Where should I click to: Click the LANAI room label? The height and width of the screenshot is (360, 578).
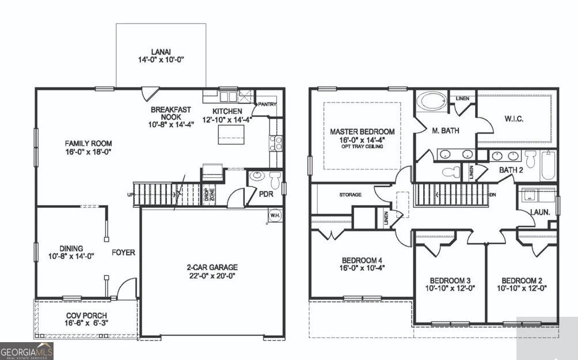click(161, 51)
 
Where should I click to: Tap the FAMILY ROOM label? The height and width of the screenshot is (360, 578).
click(88, 143)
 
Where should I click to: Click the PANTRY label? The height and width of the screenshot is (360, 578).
click(267, 104)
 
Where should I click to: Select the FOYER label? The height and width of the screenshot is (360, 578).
click(123, 252)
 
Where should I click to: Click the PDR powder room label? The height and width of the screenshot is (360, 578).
click(265, 194)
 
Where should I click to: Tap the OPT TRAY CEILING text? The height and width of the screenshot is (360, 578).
click(362, 146)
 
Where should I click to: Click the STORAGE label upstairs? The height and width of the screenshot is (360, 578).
click(349, 195)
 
